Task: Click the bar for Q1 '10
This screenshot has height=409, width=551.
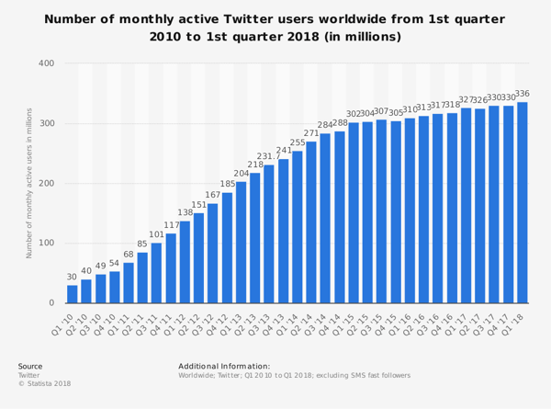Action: (x=72, y=294)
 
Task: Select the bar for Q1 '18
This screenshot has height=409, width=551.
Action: (x=523, y=202)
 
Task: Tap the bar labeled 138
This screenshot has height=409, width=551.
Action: (x=185, y=262)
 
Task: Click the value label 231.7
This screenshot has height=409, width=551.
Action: (x=269, y=156)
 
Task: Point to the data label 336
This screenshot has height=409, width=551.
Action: (x=523, y=94)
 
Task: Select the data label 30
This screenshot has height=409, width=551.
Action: (x=72, y=277)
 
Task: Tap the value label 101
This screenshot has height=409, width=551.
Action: (x=156, y=234)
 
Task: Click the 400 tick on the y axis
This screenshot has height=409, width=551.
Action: (x=45, y=63)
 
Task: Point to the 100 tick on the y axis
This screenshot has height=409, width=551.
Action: (x=45, y=244)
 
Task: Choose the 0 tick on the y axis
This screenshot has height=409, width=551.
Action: (x=51, y=303)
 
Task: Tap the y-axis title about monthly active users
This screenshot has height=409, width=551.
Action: (x=29, y=183)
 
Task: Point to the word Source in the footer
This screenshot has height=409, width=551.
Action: (x=30, y=366)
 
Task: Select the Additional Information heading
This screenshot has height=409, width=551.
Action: (x=224, y=366)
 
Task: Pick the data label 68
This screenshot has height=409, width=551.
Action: (x=129, y=254)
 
